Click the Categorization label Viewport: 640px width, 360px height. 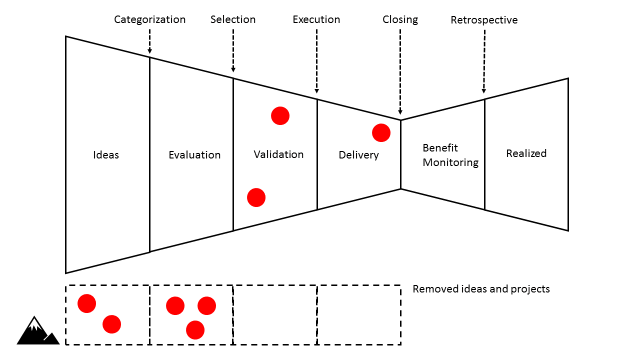click(149, 19)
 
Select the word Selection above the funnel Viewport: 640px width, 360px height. click(232, 19)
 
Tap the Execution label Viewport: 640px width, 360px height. click(316, 19)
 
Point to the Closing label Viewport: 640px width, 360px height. click(400, 19)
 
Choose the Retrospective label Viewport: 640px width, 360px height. click(483, 20)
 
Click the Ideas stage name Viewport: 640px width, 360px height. click(106, 155)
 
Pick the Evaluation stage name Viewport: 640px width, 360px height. click(194, 155)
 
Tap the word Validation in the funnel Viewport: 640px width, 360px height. click(278, 154)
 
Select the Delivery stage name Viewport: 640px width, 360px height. click(358, 155)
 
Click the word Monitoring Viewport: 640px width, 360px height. click(450, 162)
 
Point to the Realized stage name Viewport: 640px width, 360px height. click(526, 153)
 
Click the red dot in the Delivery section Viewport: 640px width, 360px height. click(381, 133)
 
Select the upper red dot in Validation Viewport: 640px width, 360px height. click(280, 116)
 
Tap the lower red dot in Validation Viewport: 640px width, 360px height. click(256, 197)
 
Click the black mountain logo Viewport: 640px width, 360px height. click(37, 331)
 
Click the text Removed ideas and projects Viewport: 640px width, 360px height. click(481, 289)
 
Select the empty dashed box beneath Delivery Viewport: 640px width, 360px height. click(358, 314)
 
